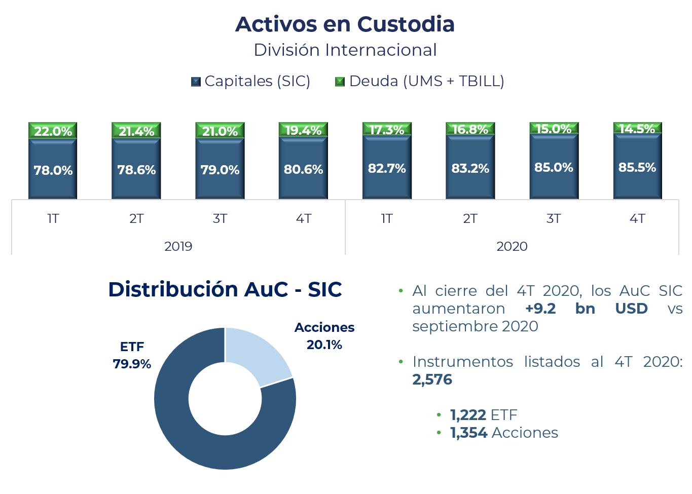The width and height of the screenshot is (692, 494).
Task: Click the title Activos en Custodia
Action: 345,24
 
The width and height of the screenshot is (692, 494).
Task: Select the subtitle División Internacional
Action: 345,50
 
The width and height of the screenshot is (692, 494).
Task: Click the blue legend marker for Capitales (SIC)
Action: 196,82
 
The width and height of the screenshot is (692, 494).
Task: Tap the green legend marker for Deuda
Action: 340,82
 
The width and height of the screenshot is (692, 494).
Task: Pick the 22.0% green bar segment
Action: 53,131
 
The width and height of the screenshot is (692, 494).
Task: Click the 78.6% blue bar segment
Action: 136,170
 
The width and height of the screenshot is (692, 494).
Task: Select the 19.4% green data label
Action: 303,130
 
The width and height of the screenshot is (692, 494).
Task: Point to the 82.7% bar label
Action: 387,169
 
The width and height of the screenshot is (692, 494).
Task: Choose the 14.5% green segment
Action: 637,129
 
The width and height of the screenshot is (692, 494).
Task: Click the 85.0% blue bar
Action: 554,168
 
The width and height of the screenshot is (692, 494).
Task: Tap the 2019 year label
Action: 178,247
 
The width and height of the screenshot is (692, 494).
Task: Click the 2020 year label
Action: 512,247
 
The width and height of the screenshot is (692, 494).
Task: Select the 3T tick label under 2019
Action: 220,219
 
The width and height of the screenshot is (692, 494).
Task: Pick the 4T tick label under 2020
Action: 637,219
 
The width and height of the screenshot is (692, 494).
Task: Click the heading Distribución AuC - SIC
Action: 225,290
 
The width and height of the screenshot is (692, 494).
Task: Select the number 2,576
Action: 432,379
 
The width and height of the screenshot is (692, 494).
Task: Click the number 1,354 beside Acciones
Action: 469,433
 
